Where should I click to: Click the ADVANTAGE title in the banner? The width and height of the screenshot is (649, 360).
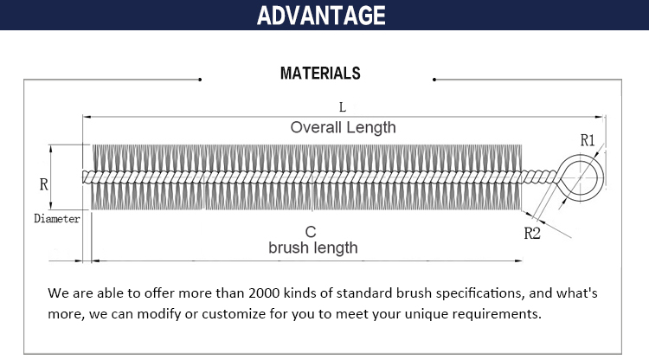[321, 16]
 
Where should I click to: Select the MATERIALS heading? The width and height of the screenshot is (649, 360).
[320, 74]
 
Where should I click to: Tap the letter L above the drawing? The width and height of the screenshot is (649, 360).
[343, 107]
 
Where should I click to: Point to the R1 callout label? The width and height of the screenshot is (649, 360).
[588, 141]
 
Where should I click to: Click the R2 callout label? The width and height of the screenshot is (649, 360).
[532, 234]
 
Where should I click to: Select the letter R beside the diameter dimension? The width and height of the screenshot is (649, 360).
[44, 184]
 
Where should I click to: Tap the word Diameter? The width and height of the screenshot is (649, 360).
[57, 218]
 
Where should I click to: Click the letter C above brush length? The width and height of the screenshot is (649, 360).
[311, 232]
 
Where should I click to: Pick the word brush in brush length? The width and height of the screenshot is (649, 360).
[288, 247]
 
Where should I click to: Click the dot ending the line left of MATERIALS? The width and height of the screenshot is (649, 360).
[200, 80]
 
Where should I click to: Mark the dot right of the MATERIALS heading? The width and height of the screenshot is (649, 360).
[434, 80]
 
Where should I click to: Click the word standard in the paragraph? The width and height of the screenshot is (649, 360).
[363, 293]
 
